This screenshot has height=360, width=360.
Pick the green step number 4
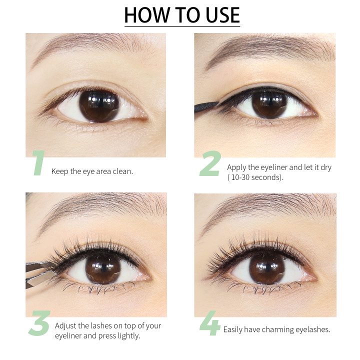pos(210,325)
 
